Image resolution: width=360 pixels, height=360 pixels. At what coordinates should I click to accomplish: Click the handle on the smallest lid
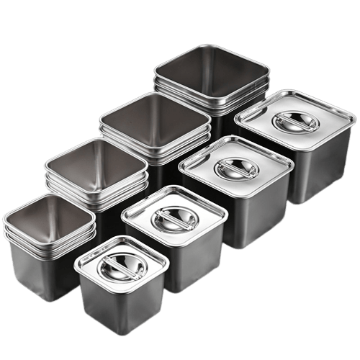[x=120, y=266]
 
